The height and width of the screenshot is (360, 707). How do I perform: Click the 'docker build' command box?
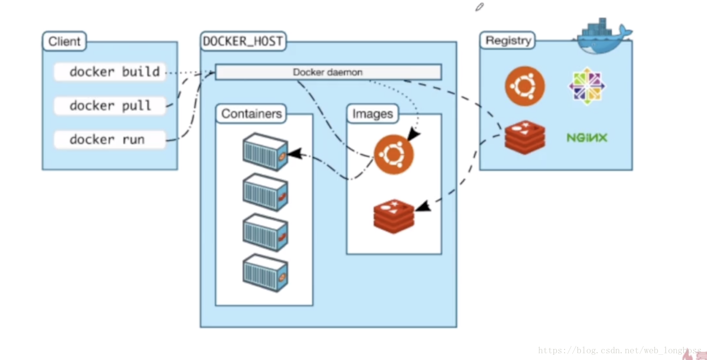tap(110, 72)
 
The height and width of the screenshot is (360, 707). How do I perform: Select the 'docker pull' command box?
tap(110, 106)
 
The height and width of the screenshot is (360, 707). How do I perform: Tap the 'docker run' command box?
tap(110, 140)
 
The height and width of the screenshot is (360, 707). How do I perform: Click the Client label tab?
tap(64, 41)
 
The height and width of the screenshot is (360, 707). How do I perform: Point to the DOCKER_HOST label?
tap(243, 41)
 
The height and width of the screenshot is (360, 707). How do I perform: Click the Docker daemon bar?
tap(328, 72)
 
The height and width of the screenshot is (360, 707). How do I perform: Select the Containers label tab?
tap(251, 114)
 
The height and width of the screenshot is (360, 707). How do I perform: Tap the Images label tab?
tap(373, 114)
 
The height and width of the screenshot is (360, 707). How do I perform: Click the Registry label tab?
tap(507, 40)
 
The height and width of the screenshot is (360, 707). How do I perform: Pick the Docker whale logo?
tap(602, 36)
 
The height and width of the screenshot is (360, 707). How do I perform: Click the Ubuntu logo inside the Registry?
tap(525, 86)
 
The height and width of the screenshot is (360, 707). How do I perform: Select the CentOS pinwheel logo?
tap(587, 86)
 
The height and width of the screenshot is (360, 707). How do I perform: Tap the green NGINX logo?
tap(587, 138)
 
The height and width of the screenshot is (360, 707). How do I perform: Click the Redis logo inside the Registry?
tap(525, 137)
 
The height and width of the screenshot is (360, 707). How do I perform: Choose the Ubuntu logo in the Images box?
tap(393, 154)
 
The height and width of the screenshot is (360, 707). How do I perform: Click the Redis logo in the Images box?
tap(393, 217)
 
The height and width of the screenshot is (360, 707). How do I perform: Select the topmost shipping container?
tap(265, 152)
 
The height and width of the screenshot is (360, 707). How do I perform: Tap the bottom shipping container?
tap(265, 273)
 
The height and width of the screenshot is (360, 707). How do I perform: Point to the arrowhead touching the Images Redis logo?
tap(423, 206)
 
